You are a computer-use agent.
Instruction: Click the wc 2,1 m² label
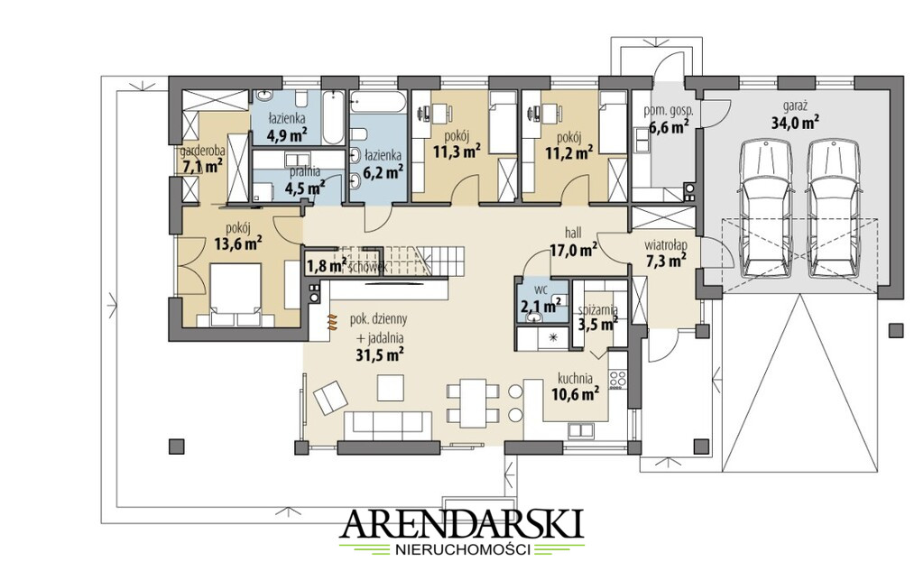(541, 299)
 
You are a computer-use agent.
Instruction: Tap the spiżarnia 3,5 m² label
(597, 317)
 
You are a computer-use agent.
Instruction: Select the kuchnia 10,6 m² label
(577, 387)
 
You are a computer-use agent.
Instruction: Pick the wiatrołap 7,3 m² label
(665, 252)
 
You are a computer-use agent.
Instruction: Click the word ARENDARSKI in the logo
(462, 523)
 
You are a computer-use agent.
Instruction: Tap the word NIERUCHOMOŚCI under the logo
(462, 550)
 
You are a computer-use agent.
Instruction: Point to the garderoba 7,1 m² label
(202, 159)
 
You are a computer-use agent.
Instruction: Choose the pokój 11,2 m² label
(568, 145)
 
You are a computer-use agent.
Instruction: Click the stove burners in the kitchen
(617, 379)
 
